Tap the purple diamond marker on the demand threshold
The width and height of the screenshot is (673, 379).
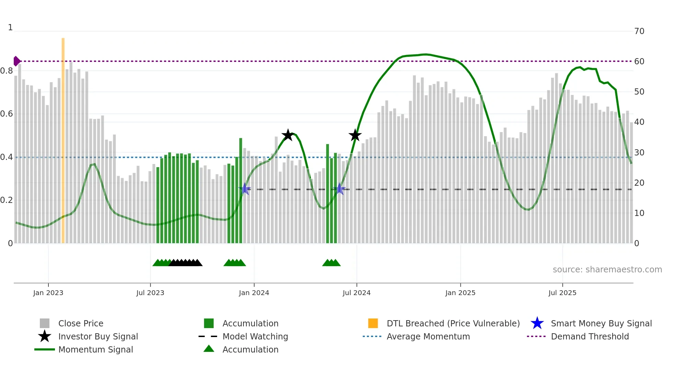pos(16,61)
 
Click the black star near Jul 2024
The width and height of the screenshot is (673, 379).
pos(355,135)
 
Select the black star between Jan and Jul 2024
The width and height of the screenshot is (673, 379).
pos(288,135)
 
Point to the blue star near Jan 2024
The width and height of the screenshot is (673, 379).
pos(244,189)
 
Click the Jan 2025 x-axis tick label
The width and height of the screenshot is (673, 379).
pos(460,293)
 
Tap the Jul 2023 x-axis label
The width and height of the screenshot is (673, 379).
pos(150,293)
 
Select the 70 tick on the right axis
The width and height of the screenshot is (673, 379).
pos(639,31)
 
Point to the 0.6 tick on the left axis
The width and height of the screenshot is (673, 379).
pos(7,114)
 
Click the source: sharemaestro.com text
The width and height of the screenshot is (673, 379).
pos(607,270)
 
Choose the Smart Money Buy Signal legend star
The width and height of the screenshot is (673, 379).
pos(537,323)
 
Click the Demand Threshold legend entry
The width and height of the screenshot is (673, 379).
pos(590,336)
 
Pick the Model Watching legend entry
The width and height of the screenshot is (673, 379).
pos(255,336)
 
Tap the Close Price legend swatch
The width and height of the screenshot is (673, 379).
pos(45,323)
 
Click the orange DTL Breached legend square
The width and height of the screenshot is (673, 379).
pos(373,323)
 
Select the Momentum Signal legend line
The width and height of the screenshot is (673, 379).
pos(45,349)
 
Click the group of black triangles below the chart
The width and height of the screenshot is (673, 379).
pos(185,263)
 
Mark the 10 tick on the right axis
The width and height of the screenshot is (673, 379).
pos(639,213)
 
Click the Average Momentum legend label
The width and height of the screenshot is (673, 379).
pos(428,336)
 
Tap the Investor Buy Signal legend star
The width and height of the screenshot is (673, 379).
pos(45,336)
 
